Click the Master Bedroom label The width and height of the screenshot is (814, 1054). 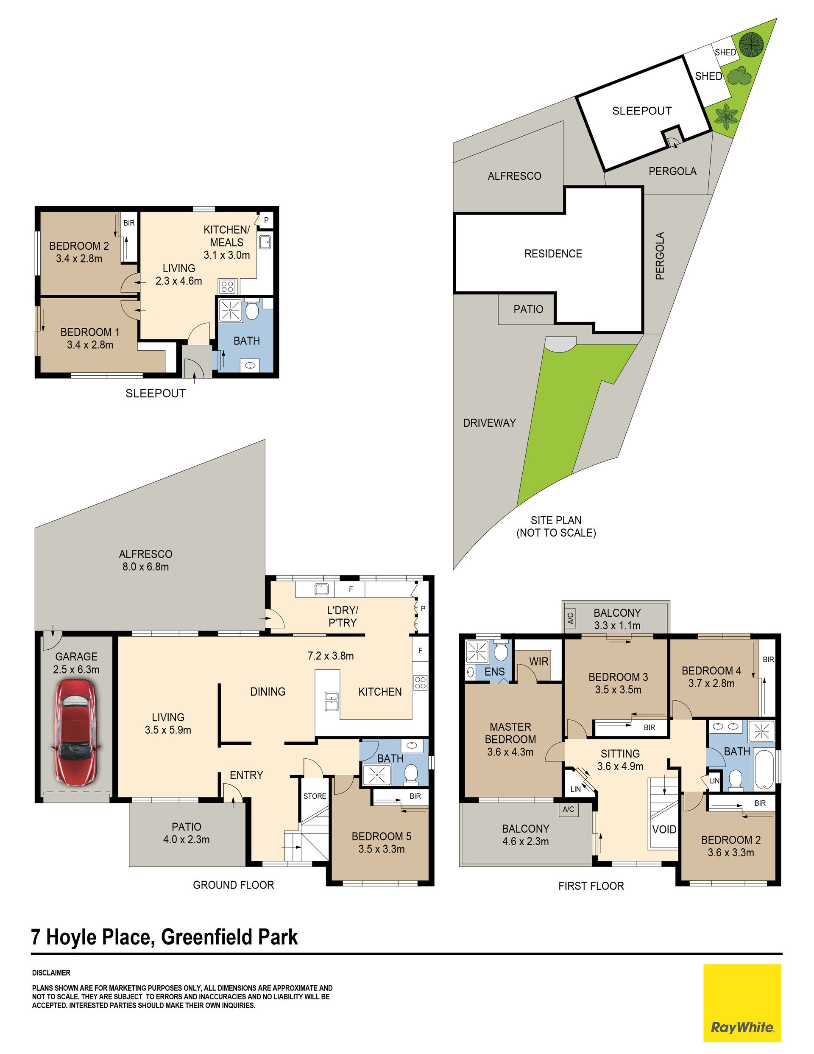tap(510, 739)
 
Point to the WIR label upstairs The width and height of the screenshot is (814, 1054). tap(539, 661)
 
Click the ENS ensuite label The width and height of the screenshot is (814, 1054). tap(495, 671)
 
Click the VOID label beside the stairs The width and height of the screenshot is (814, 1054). tap(664, 829)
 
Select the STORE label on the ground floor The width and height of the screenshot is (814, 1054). tap(315, 796)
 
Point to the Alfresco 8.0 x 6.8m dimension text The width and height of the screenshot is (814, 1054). tap(145, 567)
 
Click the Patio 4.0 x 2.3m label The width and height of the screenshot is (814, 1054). tap(186, 833)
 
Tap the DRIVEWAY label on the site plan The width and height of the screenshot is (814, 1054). tap(489, 423)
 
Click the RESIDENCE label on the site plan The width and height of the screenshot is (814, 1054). tap(553, 253)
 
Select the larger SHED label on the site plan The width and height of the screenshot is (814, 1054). tap(708, 76)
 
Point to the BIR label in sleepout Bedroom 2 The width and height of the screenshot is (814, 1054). tap(129, 223)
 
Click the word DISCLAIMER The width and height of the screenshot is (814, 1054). tap(51, 973)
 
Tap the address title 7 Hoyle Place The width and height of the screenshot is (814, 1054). tap(91, 937)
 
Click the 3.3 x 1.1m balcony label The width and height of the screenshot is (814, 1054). tap(617, 626)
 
